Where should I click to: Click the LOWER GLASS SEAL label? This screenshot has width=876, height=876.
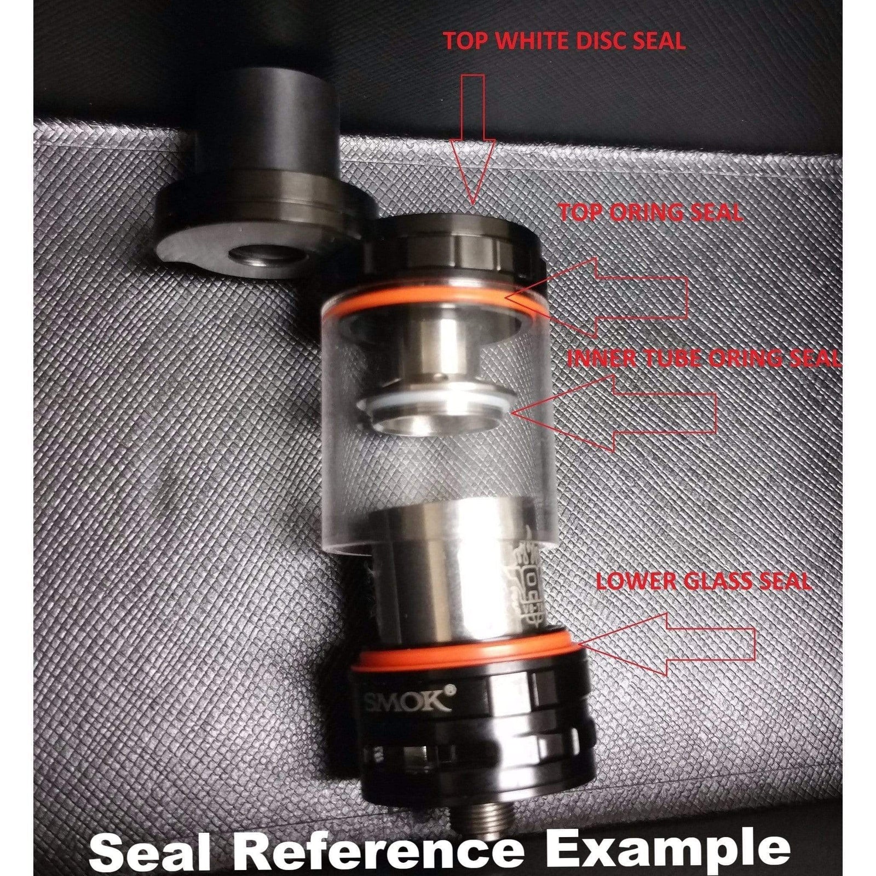702,580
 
